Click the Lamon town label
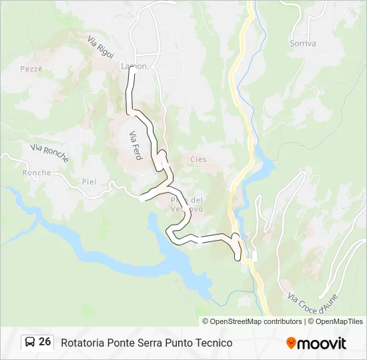point(133,67)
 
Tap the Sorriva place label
point(303,43)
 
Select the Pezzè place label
point(31,69)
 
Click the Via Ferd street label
point(134,141)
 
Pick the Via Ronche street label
point(49,153)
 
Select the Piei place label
point(89,181)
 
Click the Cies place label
point(198,159)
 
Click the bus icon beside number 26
point(30,342)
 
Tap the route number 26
point(45,342)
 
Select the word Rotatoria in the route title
point(83,343)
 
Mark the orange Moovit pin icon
point(291,343)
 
